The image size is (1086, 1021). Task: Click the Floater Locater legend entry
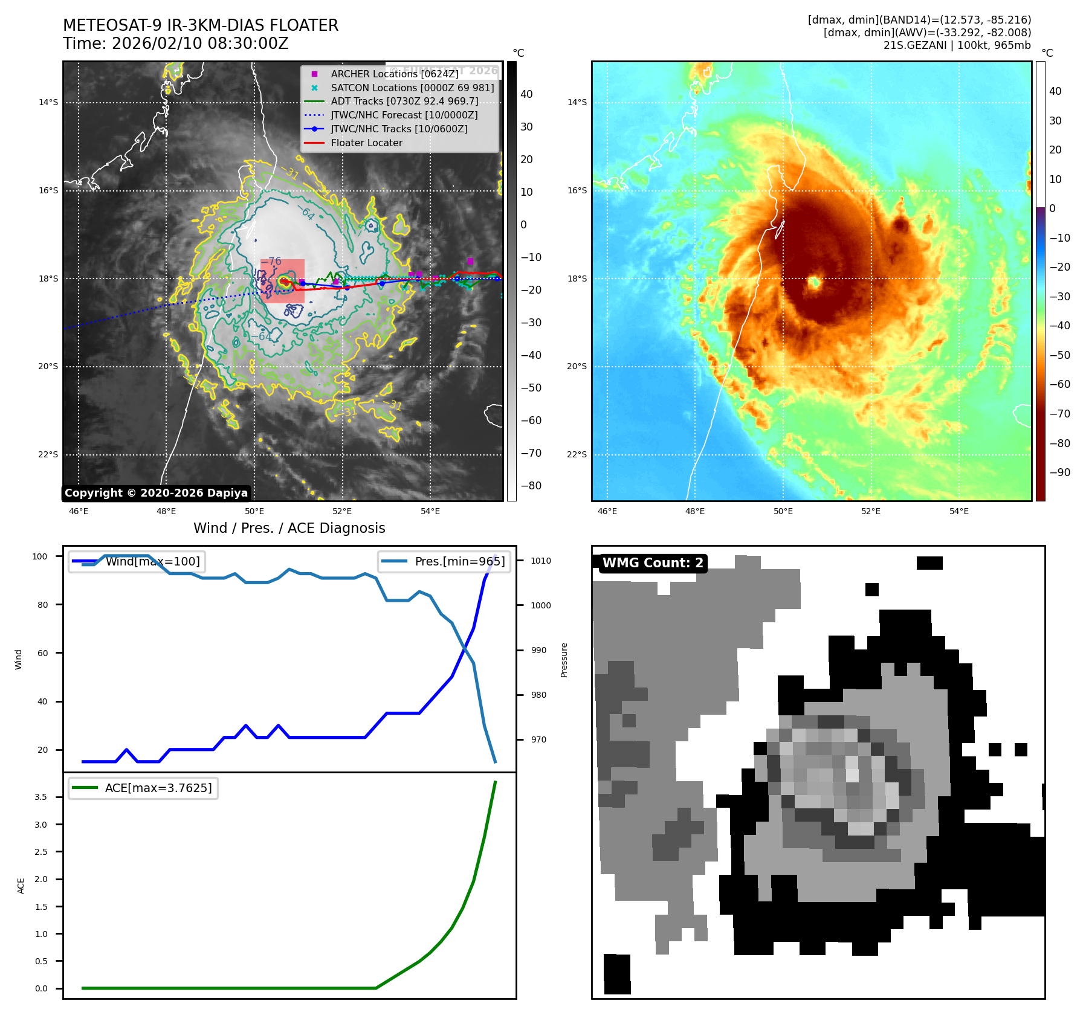366,143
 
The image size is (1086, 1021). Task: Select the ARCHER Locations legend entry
394,74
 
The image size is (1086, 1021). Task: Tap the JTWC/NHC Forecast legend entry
404,115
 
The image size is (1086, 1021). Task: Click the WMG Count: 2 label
653,563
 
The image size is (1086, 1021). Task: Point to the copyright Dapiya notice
156,493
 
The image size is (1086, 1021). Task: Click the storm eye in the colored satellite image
813,282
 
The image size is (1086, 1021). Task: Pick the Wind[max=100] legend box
137,562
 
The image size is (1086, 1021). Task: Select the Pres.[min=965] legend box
444,562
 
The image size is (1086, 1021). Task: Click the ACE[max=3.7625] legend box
143,788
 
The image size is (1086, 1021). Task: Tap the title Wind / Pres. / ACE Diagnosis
289,529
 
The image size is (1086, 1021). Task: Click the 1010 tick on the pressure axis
540,561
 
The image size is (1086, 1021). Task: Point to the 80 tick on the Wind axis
42,605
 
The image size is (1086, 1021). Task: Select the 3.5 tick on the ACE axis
40,797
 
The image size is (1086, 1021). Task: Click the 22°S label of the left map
48,455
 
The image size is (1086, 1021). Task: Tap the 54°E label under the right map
958,512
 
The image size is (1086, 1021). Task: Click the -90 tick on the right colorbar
1059,472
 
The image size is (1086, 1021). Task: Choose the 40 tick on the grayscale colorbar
526,94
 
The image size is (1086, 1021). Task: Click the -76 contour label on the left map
274,262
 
